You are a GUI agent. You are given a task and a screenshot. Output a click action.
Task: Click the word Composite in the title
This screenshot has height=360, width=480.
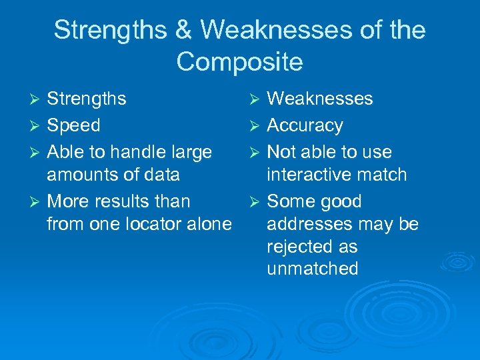coord(239,62)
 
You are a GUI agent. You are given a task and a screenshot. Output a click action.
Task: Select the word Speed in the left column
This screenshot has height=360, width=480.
coord(73,125)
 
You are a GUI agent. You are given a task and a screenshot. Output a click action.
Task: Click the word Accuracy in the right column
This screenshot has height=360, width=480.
coord(305,125)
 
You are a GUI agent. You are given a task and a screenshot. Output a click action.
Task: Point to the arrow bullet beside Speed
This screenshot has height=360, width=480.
coord(37,126)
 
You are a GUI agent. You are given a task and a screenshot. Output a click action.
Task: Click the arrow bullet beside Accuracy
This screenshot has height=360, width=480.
coord(257,126)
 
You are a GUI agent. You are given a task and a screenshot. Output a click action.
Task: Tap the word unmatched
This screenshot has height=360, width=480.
coord(312,269)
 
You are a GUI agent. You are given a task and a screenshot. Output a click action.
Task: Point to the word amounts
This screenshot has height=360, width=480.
coord(79,175)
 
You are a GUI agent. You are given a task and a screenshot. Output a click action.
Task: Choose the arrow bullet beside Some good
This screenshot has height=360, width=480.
coord(257,202)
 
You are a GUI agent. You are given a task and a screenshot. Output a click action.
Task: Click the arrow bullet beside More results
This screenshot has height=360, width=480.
coord(37,202)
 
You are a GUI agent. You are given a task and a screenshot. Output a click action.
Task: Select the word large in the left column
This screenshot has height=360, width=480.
coord(189,153)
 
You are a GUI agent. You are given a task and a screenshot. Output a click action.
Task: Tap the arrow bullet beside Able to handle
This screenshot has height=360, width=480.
coord(37,153)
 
